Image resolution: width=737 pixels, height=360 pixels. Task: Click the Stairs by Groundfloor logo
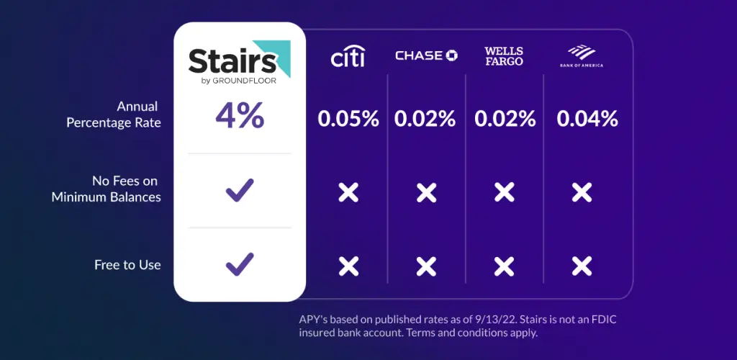pyautogui.click(x=239, y=63)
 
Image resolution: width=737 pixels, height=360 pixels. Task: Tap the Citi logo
pyautogui.click(x=348, y=56)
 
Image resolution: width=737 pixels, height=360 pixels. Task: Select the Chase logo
pyautogui.click(x=426, y=55)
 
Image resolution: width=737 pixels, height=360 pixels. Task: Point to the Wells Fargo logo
pyautogui.click(x=504, y=56)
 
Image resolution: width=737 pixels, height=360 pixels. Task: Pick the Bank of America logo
pyautogui.click(x=582, y=56)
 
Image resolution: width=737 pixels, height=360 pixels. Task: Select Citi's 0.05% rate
pyautogui.click(x=348, y=119)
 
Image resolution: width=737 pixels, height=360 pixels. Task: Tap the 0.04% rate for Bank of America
pyautogui.click(x=587, y=119)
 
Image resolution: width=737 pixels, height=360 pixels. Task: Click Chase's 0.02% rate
pyautogui.click(x=425, y=119)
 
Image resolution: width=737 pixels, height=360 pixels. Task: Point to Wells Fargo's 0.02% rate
pyautogui.click(x=505, y=119)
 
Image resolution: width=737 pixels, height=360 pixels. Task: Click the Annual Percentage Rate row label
pyautogui.click(x=114, y=114)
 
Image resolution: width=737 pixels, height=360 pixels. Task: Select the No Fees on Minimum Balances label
pyautogui.click(x=107, y=189)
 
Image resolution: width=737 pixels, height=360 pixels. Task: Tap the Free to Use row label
pyautogui.click(x=127, y=265)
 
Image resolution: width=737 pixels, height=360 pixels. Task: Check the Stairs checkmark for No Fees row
pyautogui.click(x=240, y=190)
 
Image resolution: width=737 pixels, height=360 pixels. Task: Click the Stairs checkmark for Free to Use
pyautogui.click(x=240, y=264)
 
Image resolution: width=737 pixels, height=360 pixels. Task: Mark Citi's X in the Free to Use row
pyautogui.click(x=348, y=266)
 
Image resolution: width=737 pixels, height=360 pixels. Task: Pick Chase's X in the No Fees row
pyautogui.click(x=426, y=192)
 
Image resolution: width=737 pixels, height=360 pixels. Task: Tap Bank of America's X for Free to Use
pyautogui.click(x=582, y=266)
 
